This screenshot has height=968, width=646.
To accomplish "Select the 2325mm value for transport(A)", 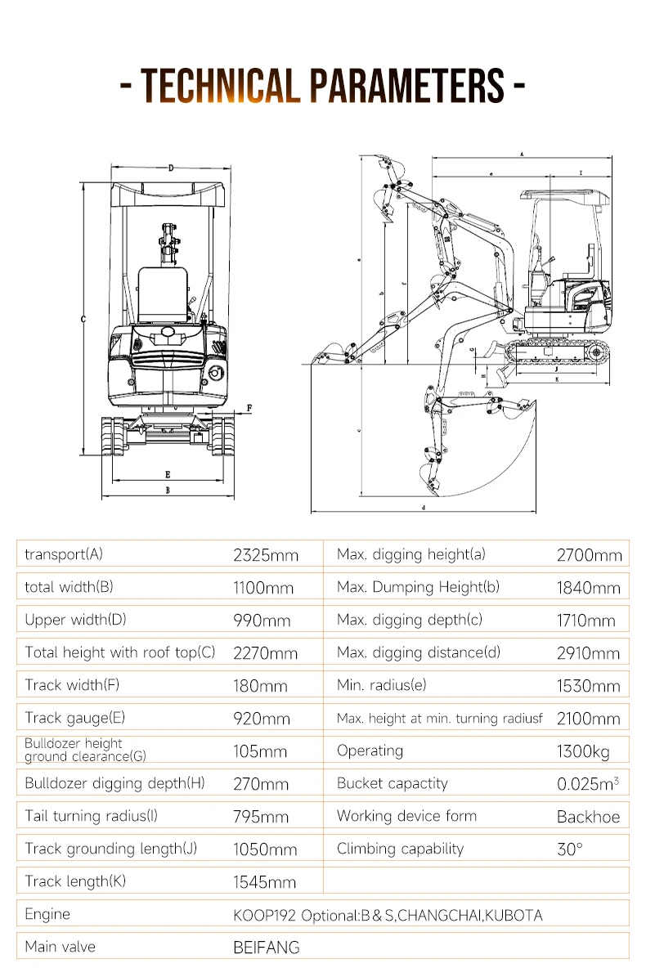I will tap(266, 555).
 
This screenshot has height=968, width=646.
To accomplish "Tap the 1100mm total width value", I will tap(263, 588).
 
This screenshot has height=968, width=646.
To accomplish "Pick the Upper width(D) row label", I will tap(75, 620).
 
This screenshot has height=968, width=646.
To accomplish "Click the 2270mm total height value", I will tap(266, 653).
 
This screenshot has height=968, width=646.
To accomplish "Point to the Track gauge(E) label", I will tap(74, 718).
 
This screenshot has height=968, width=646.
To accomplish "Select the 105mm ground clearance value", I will tap(260, 751).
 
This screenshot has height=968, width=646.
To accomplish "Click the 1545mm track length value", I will tap(264, 882).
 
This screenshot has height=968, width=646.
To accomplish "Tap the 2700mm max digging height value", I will tap(589, 555).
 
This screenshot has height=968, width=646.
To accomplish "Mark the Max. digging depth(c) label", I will tap(410, 620).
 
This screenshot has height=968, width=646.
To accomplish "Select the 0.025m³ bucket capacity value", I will tap(587, 784).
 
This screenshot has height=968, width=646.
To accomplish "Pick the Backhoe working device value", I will tap(588, 817).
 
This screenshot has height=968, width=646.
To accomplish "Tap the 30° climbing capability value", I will tap(570, 849).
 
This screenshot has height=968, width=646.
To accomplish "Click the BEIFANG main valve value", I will tap(267, 948).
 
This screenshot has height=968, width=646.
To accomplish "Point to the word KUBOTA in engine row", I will tap(514, 915).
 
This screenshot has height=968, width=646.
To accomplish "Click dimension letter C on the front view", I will tap(83, 320).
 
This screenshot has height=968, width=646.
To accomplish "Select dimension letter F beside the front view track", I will tap(249, 406).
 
